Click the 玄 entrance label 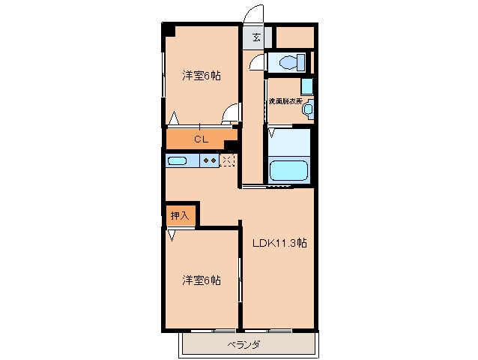click(x=256, y=37)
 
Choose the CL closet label click(x=201, y=139)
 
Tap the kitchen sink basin click(x=178, y=160)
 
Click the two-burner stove click(x=211, y=160)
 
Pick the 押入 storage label click(x=181, y=214)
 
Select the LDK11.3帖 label click(x=279, y=242)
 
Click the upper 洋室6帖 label click(x=200, y=76)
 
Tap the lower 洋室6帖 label click(x=201, y=280)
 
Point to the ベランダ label click(x=245, y=344)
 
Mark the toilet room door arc click(x=258, y=62)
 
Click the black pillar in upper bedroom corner click(x=171, y=30)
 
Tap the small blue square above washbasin click(x=306, y=85)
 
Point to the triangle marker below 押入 click(x=172, y=235)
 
